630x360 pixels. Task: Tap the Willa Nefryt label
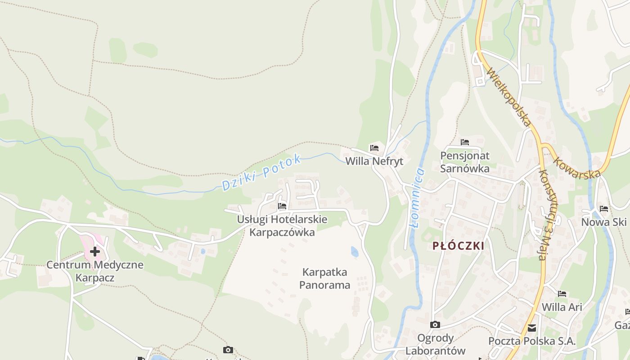[x=374, y=161]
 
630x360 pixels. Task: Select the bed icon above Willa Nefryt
[x=374, y=148]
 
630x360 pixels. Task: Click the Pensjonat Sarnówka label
[x=465, y=162]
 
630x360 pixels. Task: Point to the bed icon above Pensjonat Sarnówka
[x=465, y=142]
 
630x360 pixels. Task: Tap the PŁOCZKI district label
[x=458, y=246]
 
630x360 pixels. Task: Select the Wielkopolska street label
[x=509, y=97]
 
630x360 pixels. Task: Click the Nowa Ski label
[x=603, y=222]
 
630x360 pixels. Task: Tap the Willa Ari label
[x=562, y=307]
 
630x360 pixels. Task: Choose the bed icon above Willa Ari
[x=562, y=294]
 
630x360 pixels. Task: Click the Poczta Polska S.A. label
[x=532, y=341]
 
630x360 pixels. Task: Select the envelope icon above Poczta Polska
[x=532, y=328]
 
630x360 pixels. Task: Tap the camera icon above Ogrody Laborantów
[x=435, y=324]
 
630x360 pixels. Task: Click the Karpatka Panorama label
[x=324, y=279]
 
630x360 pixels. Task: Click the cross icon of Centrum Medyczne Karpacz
[x=95, y=251]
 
